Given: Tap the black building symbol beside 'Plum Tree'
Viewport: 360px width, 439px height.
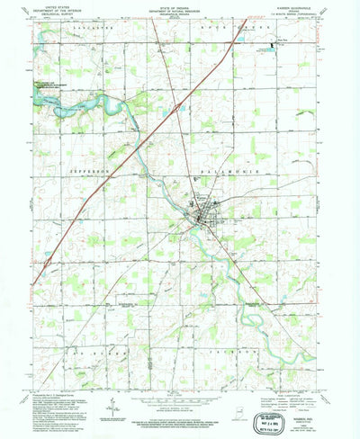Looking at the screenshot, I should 275,40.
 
